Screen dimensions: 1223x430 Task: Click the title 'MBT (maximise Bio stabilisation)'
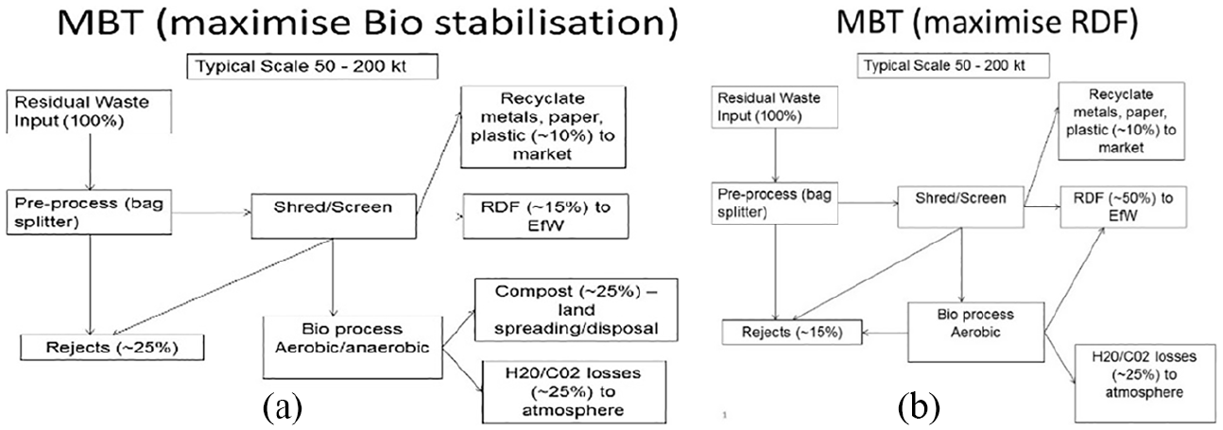tap(367, 23)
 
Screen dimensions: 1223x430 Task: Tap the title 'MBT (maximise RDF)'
tap(987, 22)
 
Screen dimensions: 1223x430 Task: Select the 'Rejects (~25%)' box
tap(112, 347)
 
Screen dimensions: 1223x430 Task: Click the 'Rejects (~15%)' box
tap(792, 333)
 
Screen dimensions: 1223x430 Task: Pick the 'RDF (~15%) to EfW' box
tap(545, 216)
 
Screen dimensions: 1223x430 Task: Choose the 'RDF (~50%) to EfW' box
tap(1123, 207)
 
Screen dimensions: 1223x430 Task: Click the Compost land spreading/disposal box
tap(576, 310)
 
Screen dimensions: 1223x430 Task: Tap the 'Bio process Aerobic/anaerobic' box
tap(353, 347)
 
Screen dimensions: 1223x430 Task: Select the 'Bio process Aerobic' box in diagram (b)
tap(975, 332)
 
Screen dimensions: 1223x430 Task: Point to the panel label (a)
tap(283, 408)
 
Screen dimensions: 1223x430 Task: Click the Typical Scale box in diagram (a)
tap(312, 66)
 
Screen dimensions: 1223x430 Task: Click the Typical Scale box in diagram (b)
tap(954, 66)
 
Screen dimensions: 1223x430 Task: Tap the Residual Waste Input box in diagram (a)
tap(89, 112)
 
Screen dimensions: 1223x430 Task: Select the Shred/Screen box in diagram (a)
tap(334, 216)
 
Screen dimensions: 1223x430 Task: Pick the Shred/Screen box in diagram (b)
tap(960, 207)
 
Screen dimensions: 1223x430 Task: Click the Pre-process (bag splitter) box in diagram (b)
tap(774, 203)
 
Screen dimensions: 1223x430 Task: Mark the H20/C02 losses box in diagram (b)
tap(1145, 383)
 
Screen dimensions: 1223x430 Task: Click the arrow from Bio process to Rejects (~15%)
tap(885, 333)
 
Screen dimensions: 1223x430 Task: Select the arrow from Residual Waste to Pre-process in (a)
tap(91, 162)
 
